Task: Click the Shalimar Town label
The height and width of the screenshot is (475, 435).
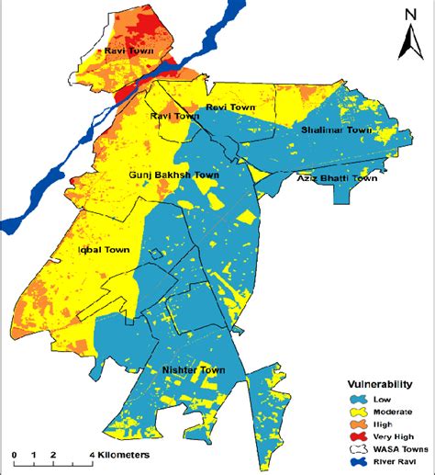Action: point(337,130)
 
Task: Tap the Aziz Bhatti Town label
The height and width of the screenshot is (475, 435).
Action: point(337,178)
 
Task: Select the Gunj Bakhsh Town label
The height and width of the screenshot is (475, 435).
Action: point(173,173)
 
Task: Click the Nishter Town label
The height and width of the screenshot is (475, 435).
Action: point(188,370)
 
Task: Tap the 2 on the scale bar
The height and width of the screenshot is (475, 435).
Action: point(54,454)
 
